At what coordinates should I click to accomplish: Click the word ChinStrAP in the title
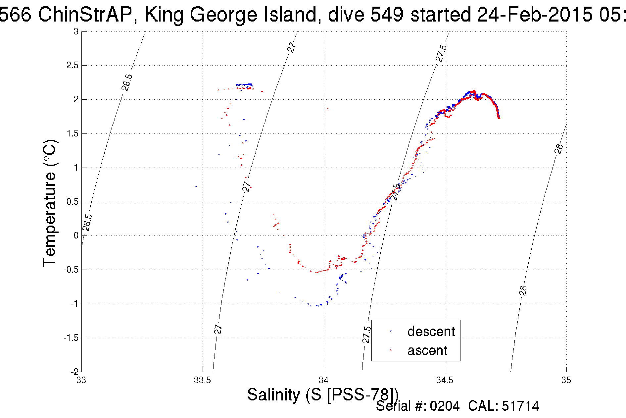(x=85, y=15)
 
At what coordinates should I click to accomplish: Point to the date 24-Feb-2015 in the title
(x=535, y=15)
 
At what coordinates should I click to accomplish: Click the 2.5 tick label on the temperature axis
(x=72, y=66)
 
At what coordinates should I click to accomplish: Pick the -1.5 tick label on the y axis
(x=71, y=338)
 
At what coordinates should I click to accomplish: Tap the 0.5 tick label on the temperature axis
(x=72, y=202)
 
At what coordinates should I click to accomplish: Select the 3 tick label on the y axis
(x=76, y=31)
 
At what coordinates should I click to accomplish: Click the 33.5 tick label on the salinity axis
(x=202, y=380)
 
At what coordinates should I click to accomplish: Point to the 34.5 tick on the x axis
(x=445, y=380)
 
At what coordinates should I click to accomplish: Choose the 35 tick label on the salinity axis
(x=566, y=380)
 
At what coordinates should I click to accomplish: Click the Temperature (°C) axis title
(x=50, y=203)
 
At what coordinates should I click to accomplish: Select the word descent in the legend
(x=431, y=331)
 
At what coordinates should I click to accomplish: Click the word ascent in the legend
(x=427, y=350)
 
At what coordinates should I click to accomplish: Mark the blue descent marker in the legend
(x=391, y=331)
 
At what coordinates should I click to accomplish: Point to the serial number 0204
(x=445, y=406)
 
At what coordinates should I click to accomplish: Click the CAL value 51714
(x=520, y=406)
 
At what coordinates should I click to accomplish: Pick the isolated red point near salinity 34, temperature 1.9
(x=328, y=108)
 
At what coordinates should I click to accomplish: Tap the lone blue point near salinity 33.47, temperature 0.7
(x=196, y=187)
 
